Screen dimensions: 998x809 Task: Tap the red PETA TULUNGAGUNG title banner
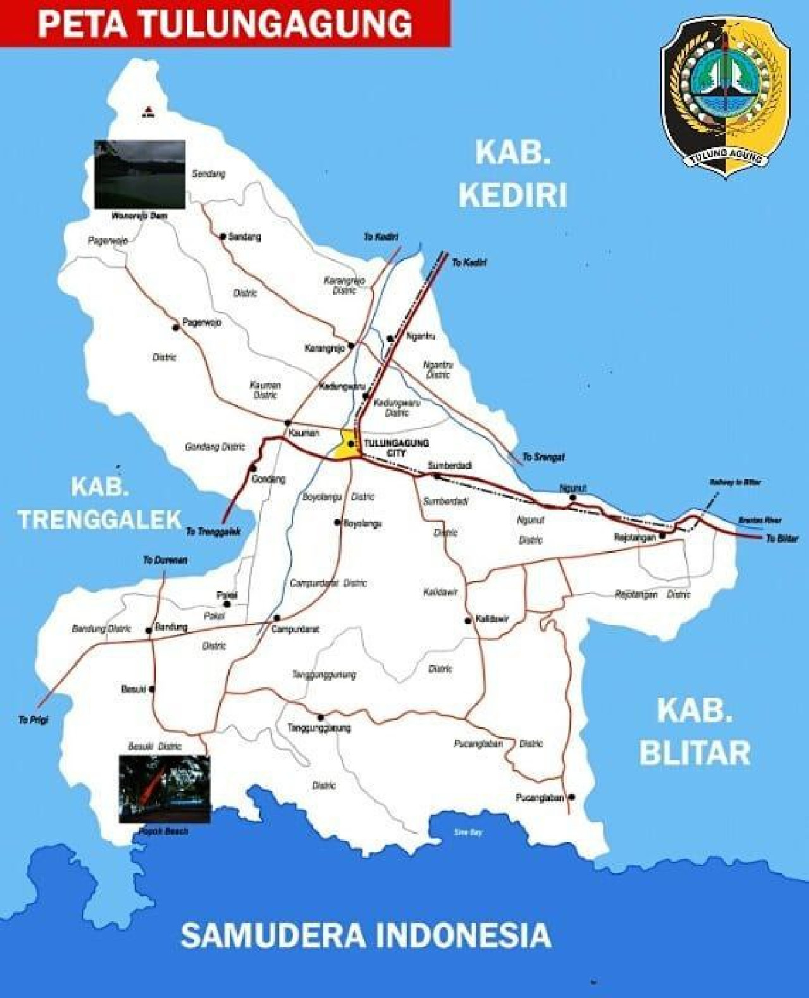225,23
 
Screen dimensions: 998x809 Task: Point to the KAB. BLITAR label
695,732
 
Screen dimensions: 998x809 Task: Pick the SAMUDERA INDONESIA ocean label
366,935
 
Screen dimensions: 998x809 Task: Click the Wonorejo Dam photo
140,175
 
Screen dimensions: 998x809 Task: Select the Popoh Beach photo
164,789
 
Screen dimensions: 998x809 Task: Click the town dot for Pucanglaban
571,798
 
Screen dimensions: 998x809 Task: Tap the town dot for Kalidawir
468,620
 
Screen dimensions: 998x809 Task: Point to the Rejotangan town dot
662,536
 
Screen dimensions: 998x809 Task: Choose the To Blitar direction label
782,539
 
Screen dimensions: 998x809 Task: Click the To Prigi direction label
33,720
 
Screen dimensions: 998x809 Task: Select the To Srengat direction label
543,457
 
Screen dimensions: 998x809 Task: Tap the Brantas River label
760,520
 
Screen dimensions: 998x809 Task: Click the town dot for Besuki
152,689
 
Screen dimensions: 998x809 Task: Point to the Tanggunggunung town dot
321,717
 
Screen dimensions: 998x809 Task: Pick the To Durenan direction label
164,560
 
